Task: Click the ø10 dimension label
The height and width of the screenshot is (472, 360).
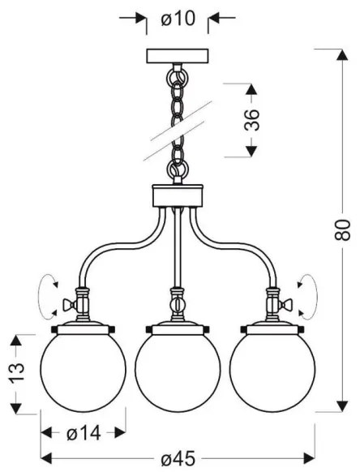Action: coord(178,19)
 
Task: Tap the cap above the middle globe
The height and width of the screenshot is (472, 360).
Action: coord(177,328)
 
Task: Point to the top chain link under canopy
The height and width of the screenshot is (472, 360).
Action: coord(177,77)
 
